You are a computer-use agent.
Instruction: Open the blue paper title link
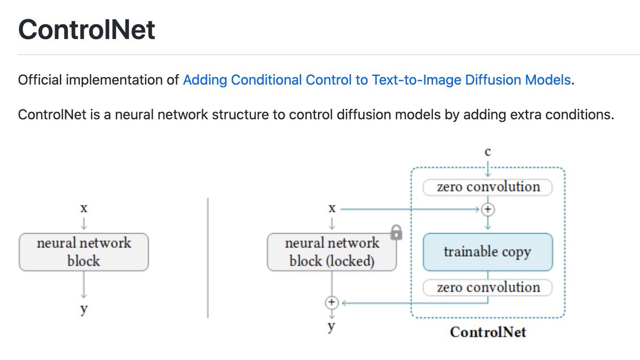377,81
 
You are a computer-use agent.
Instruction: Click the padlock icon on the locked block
396,232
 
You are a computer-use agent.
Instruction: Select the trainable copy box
487,252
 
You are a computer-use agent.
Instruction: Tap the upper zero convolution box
487,187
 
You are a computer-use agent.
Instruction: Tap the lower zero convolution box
487,287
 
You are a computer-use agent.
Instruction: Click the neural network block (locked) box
332,252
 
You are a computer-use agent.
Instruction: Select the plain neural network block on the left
84,252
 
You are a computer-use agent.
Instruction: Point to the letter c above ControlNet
487,152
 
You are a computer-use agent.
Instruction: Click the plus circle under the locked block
332,302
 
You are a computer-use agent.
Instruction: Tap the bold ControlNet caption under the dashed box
487,332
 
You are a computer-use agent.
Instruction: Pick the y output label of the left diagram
84,310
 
